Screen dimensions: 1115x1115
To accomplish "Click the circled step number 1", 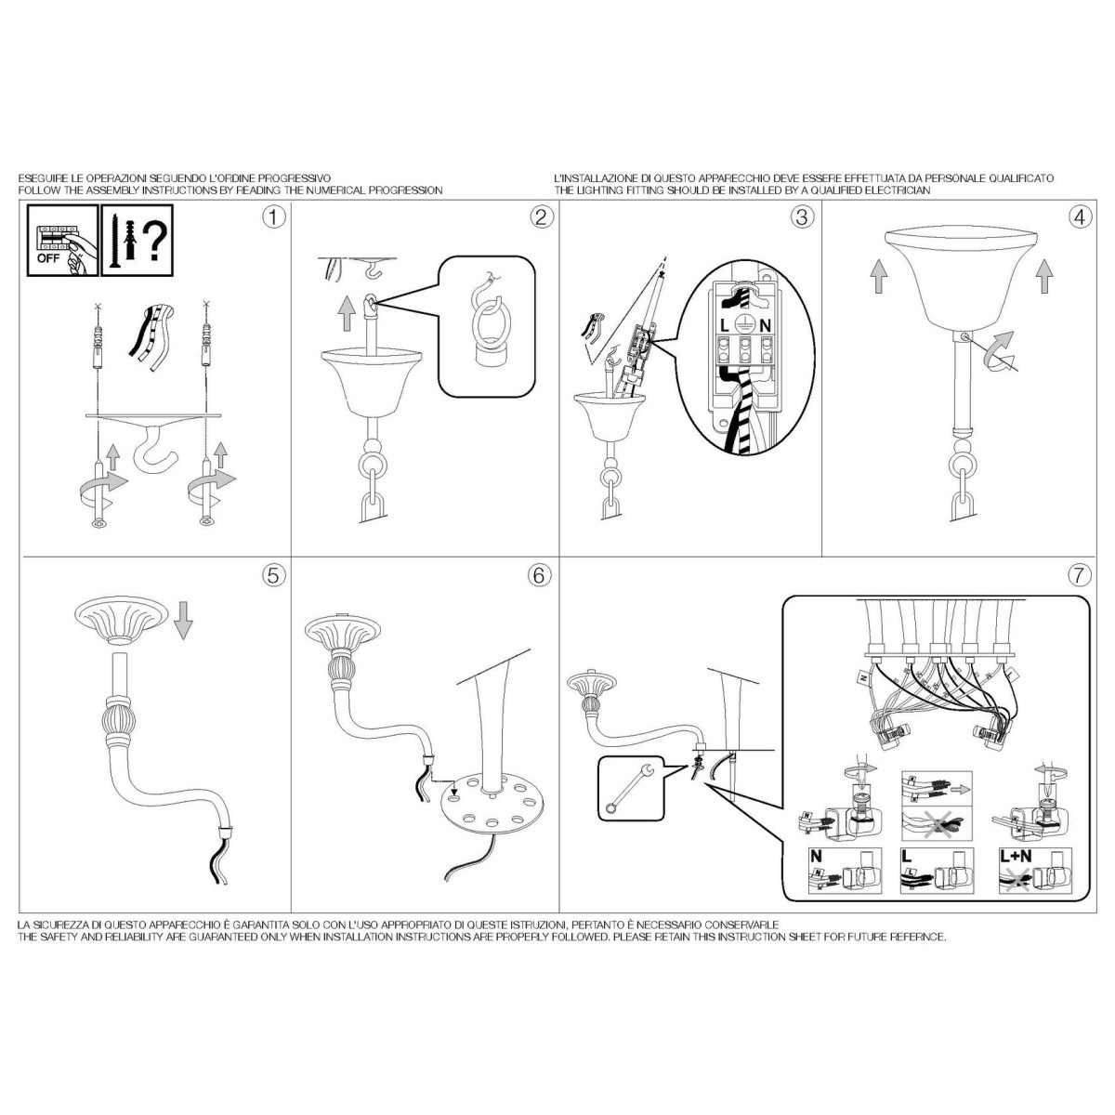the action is tap(274, 217).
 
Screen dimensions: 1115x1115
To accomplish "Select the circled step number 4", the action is tap(1080, 217).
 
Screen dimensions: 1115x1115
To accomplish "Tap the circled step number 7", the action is tap(1080, 575).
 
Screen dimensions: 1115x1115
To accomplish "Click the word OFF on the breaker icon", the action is tap(48, 258).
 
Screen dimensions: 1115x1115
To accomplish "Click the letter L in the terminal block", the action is tap(725, 326).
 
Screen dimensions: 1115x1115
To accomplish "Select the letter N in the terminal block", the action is tap(765, 326).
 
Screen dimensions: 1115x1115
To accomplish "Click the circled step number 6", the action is tap(539, 575).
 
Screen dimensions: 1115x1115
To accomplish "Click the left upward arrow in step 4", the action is tap(878, 275).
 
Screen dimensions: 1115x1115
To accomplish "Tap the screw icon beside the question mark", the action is tap(115, 242).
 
